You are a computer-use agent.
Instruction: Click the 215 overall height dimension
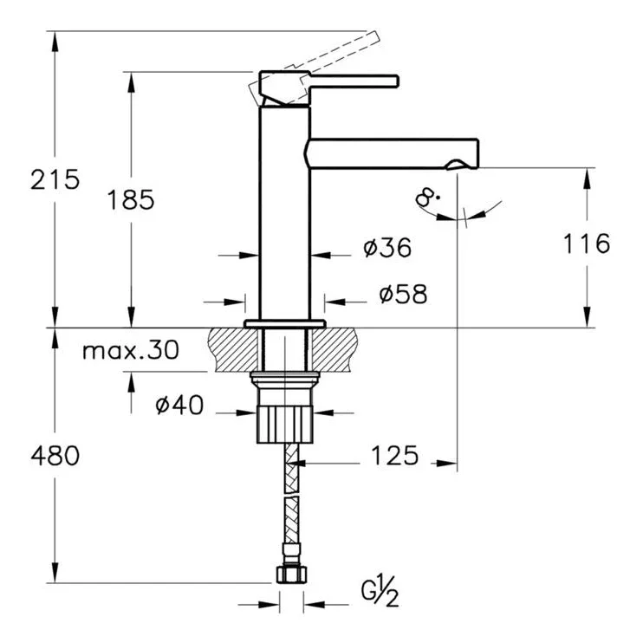[x=55, y=179]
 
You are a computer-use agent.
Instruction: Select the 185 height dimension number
[x=131, y=199]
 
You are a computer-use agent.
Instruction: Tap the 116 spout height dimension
[x=587, y=244]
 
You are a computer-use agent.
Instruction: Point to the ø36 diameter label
[x=387, y=247]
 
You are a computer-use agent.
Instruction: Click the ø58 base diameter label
[x=403, y=294]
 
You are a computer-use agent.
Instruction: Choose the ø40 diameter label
[x=179, y=405]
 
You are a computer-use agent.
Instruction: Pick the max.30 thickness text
[x=131, y=350]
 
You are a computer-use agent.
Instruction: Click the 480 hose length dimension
[x=55, y=456]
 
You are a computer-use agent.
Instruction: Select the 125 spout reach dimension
[x=394, y=455]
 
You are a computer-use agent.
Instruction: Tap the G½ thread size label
[x=380, y=592]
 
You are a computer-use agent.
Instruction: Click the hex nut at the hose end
[x=291, y=574]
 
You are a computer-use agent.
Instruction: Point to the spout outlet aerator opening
[x=456, y=165]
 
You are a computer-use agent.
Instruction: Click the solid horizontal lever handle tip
[x=396, y=81]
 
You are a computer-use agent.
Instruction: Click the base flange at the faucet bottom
[x=285, y=324]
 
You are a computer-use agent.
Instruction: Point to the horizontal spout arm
[x=393, y=153]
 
